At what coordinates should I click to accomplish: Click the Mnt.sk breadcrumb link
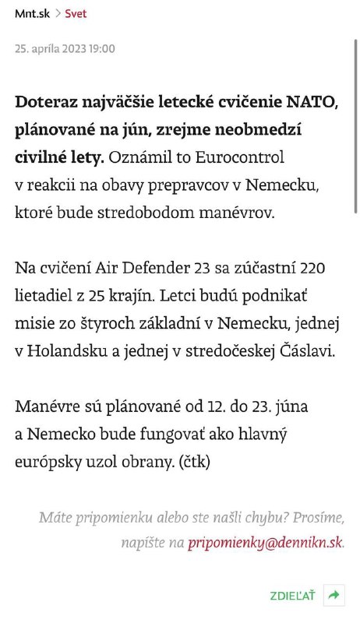30,13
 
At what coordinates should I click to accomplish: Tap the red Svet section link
76,13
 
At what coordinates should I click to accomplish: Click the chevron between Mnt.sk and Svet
57,13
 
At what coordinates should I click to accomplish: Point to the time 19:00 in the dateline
102,48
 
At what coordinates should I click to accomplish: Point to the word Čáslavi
306,351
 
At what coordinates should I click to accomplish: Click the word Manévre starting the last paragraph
48,407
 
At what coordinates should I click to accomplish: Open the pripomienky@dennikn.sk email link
264,543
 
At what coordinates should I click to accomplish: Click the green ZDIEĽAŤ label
292,596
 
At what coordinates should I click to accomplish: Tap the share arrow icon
334,595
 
